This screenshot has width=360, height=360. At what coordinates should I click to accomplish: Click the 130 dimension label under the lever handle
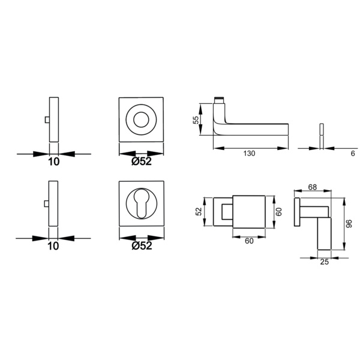click(249, 154)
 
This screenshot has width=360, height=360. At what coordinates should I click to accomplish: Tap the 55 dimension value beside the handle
click(196, 120)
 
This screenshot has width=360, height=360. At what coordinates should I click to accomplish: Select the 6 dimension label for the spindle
click(353, 154)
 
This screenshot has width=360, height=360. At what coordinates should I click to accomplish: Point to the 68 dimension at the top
click(313, 187)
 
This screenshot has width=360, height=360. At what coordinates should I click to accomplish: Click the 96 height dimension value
click(349, 224)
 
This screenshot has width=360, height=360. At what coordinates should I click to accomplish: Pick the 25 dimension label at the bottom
click(324, 262)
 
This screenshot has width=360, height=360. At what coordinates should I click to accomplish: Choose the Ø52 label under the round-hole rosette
click(142, 161)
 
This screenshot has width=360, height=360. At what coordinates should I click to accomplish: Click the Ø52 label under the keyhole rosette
click(142, 245)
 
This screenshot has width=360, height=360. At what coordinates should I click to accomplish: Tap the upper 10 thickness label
click(54, 161)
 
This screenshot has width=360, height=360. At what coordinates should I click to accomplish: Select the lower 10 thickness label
click(53, 246)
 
